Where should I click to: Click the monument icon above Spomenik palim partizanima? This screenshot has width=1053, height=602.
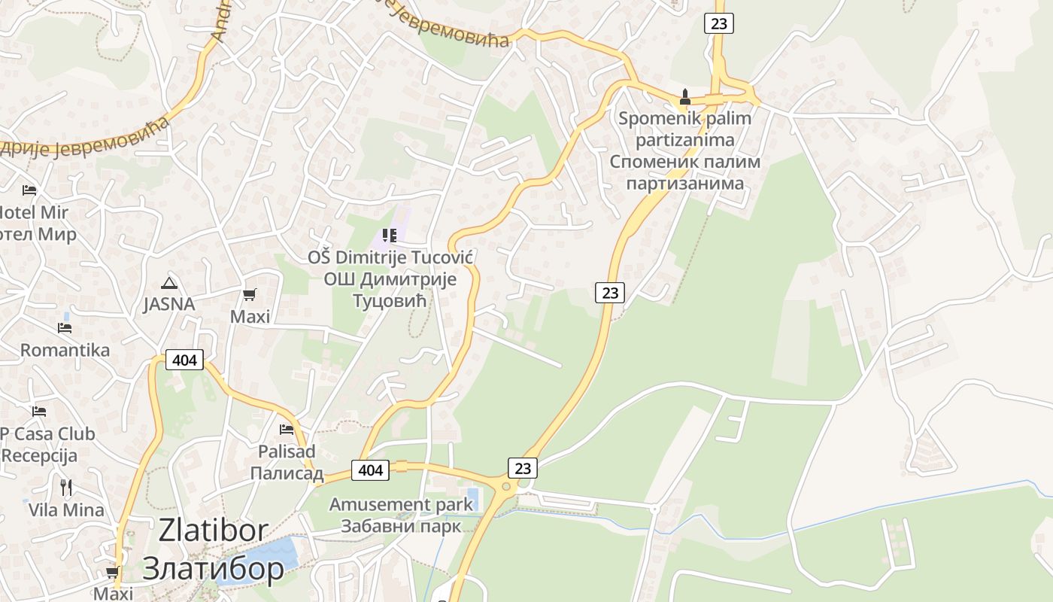684,97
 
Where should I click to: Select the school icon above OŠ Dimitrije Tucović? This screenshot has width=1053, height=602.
389,236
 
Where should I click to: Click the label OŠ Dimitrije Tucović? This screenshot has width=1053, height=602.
390,258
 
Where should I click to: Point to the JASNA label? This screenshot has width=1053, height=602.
169,304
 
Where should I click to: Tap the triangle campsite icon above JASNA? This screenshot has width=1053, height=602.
169,283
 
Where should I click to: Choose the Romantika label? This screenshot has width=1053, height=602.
65,350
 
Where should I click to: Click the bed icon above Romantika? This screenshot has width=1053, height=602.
65,327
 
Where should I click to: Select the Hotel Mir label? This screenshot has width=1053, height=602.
35,212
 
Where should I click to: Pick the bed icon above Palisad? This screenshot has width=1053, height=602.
287,429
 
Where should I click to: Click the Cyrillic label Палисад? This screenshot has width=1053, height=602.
287,473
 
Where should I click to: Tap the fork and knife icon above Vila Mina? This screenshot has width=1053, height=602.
66,488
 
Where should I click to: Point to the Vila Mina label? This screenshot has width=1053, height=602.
66,509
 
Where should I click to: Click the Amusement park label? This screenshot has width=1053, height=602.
401,504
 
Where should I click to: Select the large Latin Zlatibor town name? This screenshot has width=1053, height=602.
213,531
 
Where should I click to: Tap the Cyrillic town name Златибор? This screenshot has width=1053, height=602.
213,567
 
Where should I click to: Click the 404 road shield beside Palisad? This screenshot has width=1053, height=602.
371,470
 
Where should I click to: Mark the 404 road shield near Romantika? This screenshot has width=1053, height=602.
184,360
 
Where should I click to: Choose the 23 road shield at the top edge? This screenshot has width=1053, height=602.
719,23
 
